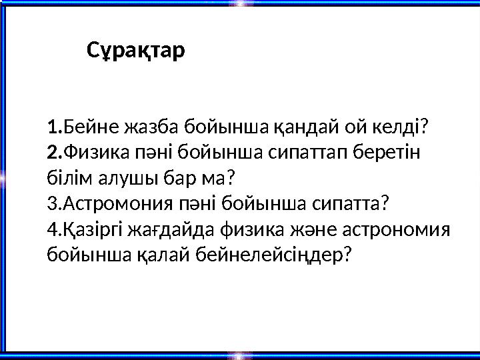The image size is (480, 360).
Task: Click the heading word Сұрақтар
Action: [x=136, y=50]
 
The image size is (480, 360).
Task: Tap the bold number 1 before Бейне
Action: [x=53, y=126]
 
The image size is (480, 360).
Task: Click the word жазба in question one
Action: [x=141, y=126]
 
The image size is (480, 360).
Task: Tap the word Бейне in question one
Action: [x=87, y=126]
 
